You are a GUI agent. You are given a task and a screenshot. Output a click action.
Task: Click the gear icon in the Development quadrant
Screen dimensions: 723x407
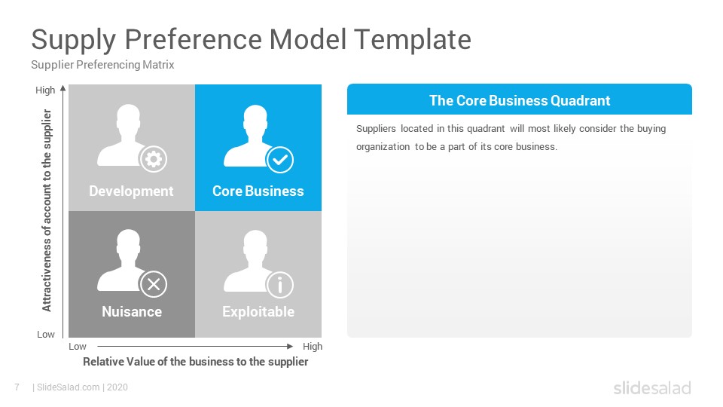point(154,159)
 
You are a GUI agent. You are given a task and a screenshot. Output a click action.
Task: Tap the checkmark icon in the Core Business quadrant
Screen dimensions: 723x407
point(280,160)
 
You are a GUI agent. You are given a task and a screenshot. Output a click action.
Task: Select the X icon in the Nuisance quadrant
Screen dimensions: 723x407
point(154,284)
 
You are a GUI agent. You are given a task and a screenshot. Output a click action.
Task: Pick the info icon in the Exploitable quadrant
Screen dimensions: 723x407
point(280,285)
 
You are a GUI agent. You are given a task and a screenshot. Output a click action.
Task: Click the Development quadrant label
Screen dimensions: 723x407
point(131,191)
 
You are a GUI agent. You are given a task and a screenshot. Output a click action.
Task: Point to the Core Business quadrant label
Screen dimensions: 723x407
point(258,191)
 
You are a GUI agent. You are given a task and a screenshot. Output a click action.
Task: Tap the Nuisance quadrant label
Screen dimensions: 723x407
point(132,311)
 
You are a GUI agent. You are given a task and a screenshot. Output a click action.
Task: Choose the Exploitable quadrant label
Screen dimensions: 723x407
point(258,312)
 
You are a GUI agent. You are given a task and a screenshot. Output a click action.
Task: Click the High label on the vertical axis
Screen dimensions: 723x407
point(45,90)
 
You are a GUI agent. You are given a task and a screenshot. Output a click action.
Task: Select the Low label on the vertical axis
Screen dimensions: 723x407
point(46,334)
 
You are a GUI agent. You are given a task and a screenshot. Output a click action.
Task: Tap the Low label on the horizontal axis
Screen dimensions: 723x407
point(78,347)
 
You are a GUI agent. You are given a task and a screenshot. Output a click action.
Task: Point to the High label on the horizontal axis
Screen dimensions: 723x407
point(313,347)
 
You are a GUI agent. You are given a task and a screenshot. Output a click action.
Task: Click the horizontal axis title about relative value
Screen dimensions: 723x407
point(196,362)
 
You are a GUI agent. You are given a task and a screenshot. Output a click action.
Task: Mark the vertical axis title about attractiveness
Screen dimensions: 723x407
point(47,210)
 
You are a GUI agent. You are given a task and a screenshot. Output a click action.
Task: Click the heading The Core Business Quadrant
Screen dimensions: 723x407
point(520,100)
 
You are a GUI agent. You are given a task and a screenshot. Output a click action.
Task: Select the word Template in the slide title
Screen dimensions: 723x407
point(413,40)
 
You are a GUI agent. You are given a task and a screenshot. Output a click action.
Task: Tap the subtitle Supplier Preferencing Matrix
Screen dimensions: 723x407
point(102,65)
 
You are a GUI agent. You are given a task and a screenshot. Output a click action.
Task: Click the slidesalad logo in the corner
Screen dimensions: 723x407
point(652,387)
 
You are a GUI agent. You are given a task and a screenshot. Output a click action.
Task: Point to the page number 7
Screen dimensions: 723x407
point(17,387)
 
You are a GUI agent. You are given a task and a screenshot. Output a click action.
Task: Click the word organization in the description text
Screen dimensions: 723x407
point(383,147)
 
